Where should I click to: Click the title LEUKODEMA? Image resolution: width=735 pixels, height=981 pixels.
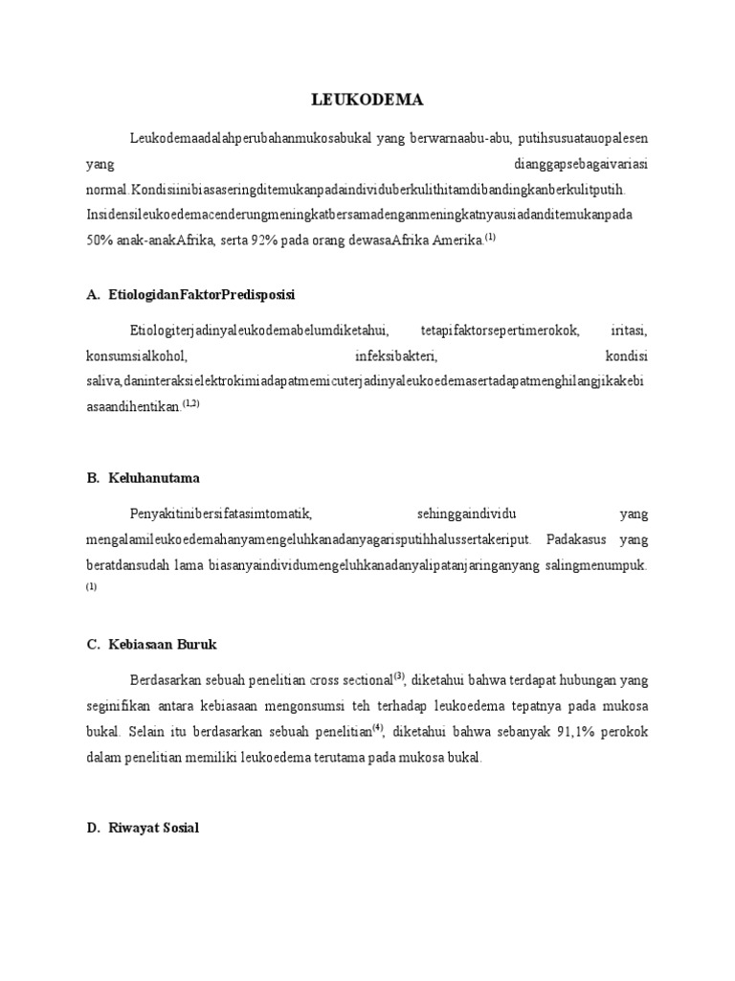tap(367, 100)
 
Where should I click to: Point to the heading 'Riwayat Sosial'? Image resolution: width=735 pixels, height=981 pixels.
tap(153, 828)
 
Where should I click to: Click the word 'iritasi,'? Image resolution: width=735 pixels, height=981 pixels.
tap(629, 331)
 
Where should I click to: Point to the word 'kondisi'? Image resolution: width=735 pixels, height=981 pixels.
tap(627, 356)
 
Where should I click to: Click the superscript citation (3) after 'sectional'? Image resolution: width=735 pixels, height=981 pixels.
tap(399, 675)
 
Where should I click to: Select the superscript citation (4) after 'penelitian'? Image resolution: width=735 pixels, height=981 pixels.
tap(378, 727)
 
